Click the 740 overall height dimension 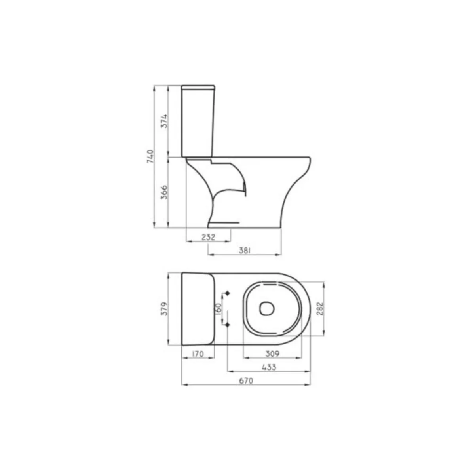pos(150,156)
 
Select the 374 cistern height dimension pos(164,121)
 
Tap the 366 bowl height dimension pos(164,192)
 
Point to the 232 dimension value pos(208,237)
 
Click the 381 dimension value pos(245,251)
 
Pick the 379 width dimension pos(164,309)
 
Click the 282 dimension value pos(319,309)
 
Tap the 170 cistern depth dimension pos(198,354)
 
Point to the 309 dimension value pos(272,354)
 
